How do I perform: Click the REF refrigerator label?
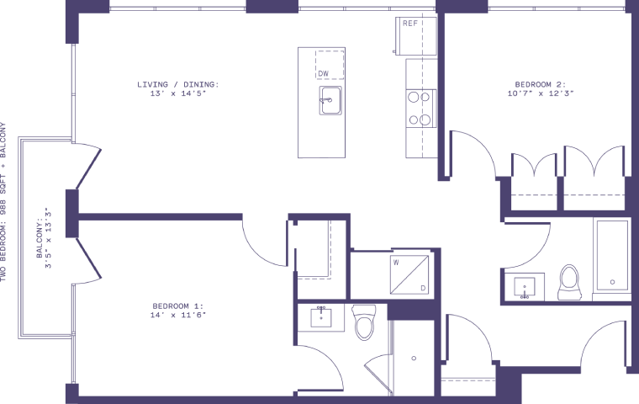point(410,24)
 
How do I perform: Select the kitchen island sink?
point(328,99)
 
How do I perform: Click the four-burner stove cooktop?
point(420,108)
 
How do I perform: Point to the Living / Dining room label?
point(178,84)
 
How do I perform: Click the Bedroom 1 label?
point(178,305)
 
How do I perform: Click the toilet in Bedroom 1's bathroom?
point(364,323)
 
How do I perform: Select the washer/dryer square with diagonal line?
point(409,274)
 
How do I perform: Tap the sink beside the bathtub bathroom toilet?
point(525,286)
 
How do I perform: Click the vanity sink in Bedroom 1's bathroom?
point(321,317)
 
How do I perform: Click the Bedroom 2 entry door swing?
point(473,156)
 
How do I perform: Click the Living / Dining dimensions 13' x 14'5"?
point(178,93)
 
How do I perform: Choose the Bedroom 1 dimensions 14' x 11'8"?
point(178,314)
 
